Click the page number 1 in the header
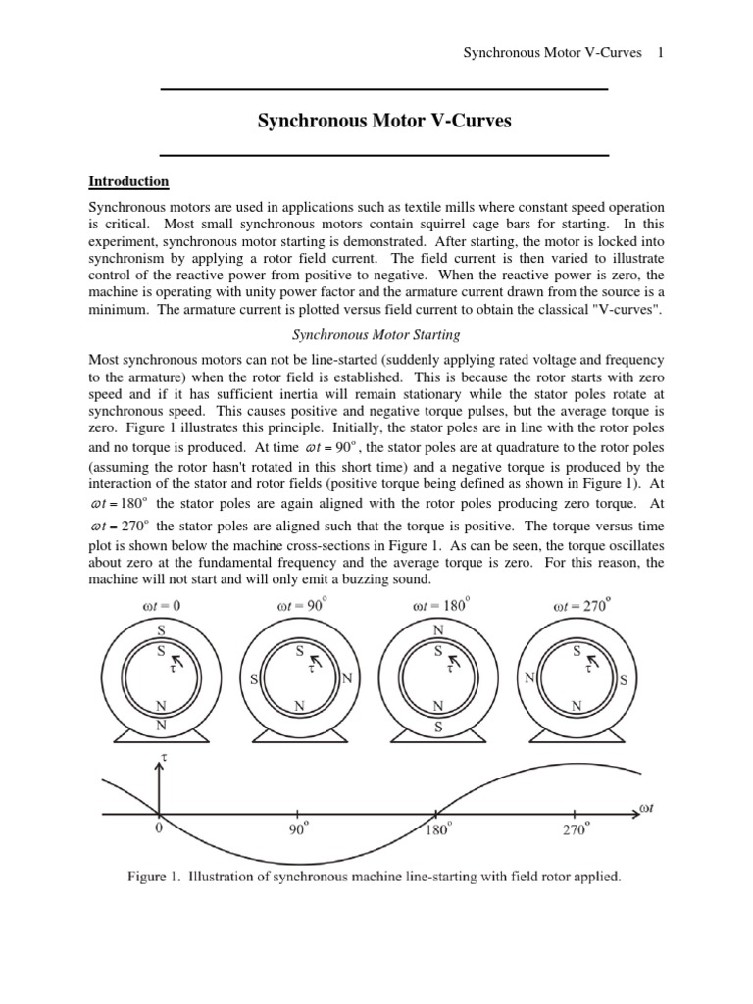661,53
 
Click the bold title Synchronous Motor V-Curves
384,122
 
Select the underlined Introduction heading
128,181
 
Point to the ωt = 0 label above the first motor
161,605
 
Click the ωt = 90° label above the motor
299,605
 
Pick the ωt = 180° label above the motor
437,605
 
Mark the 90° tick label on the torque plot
299,829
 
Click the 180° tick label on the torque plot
437,829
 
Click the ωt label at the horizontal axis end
646,807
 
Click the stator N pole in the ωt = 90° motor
346,679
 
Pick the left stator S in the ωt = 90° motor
253,679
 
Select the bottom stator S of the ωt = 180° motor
438,728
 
